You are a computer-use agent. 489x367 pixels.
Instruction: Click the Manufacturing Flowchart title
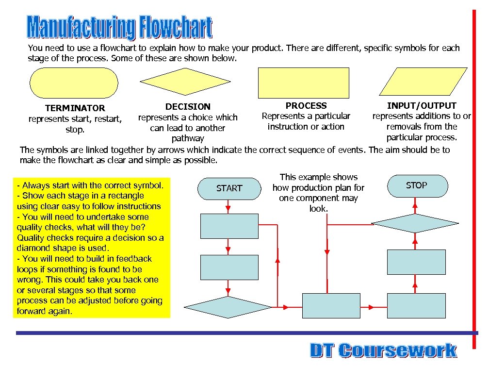(119, 28)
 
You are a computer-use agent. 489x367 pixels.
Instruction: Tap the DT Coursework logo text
(383, 350)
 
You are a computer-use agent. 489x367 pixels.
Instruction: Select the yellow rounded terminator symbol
(74, 83)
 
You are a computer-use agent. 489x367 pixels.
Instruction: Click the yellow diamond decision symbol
(187, 83)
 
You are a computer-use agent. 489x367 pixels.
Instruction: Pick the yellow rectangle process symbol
(303, 83)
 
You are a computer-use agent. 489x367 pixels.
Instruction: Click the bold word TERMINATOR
(75, 108)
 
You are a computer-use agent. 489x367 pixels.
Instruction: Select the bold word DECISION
(188, 107)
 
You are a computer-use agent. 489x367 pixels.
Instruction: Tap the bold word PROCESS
(306, 105)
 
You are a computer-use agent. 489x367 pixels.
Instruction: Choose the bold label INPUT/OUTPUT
(422, 105)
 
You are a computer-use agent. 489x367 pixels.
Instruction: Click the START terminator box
(229, 188)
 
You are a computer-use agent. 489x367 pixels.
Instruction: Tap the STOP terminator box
(416, 186)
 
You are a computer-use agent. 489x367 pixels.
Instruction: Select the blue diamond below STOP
(415, 223)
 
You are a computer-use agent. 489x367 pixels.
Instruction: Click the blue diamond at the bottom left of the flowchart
(228, 307)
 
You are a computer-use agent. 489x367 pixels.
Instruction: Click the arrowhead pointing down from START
(229, 209)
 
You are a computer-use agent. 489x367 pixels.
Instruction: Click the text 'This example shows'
(319, 177)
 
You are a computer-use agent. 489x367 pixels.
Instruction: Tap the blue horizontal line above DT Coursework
(243, 333)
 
